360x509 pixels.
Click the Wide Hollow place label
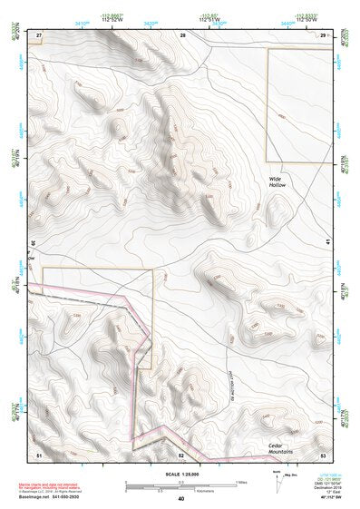pyautogui.click(x=277, y=182)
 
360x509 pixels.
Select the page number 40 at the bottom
pyautogui.click(x=181, y=499)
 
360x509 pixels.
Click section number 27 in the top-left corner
pyautogui.click(x=39, y=34)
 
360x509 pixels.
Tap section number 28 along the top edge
pyautogui.click(x=182, y=34)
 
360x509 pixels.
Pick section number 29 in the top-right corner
pyautogui.click(x=323, y=34)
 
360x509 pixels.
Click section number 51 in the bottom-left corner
pyautogui.click(x=39, y=454)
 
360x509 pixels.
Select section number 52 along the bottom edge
pyautogui.click(x=181, y=454)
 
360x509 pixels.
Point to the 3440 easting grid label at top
pyautogui.click(x=288, y=24)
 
